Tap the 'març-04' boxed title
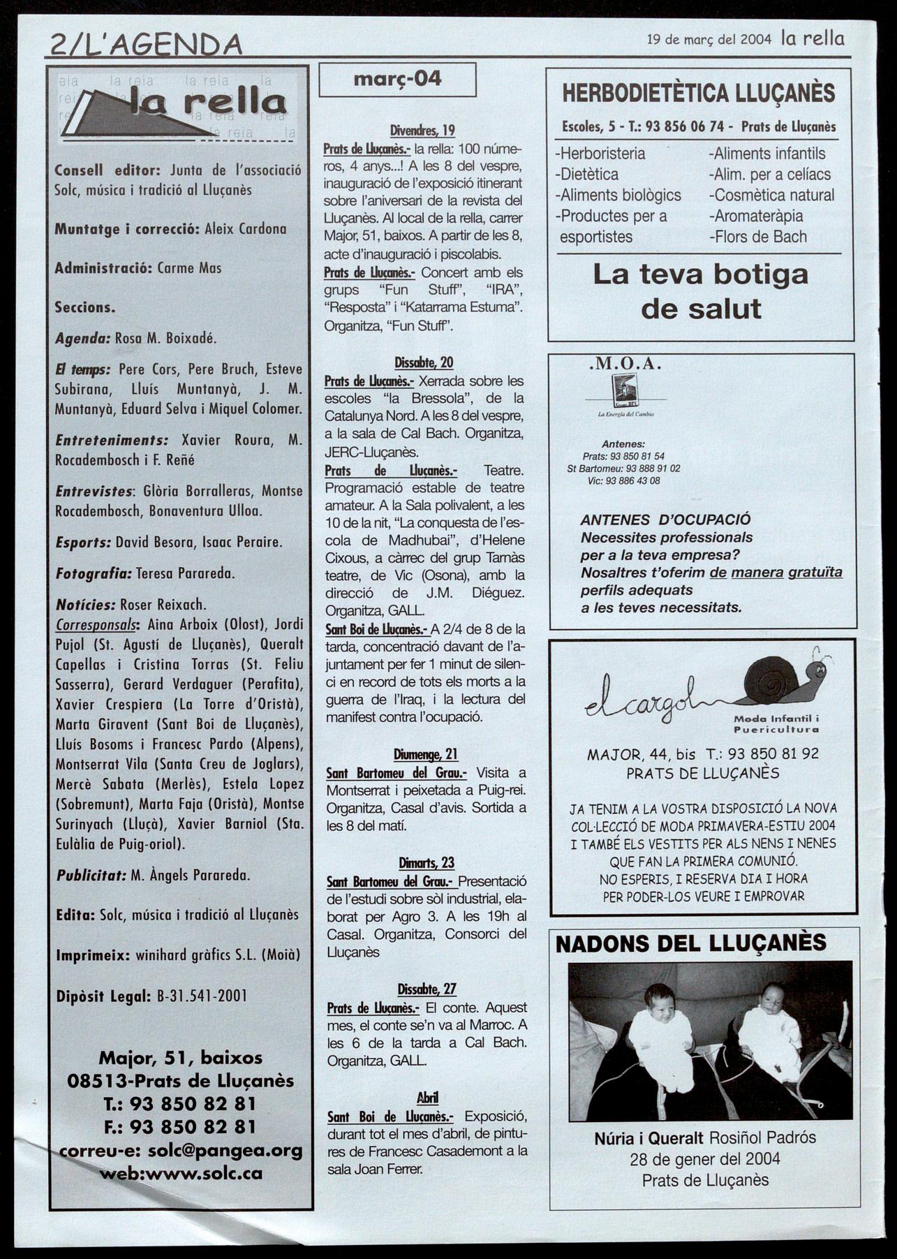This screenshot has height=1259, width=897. (x=397, y=79)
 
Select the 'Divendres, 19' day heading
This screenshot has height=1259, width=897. (x=422, y=130)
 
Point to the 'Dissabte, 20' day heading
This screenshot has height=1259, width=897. (x=424, y=362)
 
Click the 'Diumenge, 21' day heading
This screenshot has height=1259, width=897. (x=425, y=754)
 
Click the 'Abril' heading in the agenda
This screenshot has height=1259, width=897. (x=427, y=1097)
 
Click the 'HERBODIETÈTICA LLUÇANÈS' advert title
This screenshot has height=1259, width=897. (x=699, y=93)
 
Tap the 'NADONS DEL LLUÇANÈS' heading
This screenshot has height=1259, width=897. (x=690, y=944)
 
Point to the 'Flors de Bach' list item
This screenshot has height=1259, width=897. (x=757, y=237)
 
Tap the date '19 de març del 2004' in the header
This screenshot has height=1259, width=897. (x=709, y=40)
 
